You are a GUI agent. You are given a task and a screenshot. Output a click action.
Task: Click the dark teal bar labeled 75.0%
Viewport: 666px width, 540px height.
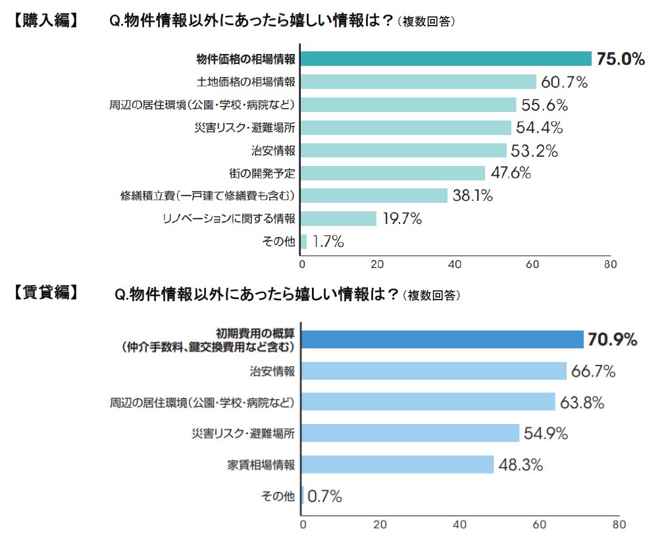(446, 59)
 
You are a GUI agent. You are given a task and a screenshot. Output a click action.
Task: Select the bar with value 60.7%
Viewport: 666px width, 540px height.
(419, 82)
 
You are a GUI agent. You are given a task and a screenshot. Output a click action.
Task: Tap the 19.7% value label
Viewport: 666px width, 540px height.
(401, 219)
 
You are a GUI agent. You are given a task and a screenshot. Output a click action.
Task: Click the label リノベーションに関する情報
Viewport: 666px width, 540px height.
(228, 219)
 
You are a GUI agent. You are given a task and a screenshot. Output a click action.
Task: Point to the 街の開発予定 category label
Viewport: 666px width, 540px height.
(261, 173)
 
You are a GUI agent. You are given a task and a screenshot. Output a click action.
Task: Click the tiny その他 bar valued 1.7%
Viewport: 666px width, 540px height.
(303, 242)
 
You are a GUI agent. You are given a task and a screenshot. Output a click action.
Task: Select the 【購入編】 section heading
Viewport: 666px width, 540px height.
(45, 20)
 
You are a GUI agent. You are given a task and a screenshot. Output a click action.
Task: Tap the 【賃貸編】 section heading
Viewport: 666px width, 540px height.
(45, 292)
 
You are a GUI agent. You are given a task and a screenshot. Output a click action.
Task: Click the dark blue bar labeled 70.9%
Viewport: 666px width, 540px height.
(442, 339)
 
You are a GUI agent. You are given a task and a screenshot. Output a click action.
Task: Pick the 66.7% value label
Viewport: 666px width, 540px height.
(593, 371)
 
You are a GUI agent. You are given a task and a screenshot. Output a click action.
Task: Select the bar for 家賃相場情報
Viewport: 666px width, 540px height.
(397, 464)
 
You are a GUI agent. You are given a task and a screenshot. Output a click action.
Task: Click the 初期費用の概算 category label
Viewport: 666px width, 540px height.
(256, 333)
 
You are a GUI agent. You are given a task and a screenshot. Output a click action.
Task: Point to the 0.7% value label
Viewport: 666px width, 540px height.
(324, 496)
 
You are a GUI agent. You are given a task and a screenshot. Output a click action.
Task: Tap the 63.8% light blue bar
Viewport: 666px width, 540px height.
(428, 402)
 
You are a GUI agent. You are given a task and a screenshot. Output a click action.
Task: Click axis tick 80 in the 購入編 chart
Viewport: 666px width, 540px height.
(609, 265)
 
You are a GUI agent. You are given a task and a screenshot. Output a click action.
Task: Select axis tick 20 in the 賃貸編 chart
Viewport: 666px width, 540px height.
(380, 525)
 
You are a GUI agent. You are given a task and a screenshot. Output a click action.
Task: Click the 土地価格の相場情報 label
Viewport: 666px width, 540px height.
(246, 82)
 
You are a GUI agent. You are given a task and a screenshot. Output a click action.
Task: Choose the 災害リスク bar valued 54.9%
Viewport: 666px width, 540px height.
(411, 433)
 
